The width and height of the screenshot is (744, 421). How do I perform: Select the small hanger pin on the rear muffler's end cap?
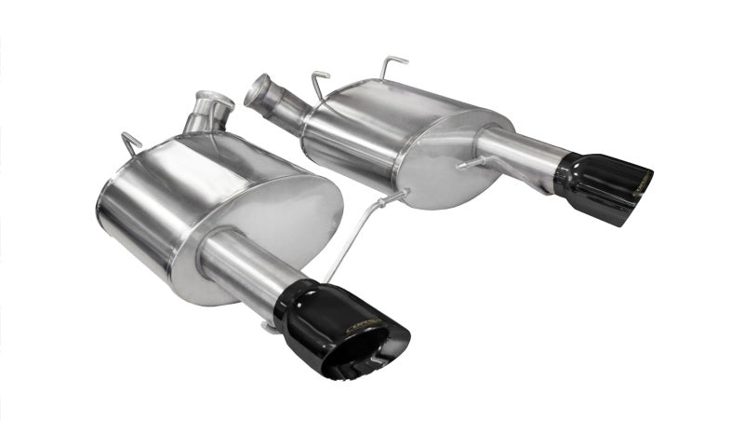471,164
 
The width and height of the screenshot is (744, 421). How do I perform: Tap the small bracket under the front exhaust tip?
272,326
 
